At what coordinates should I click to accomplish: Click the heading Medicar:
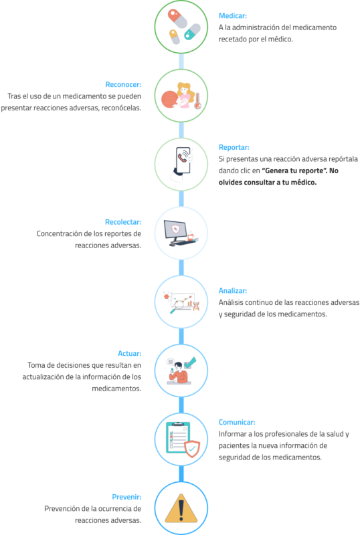(233, 15)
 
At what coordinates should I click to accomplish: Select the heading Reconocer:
(123, 85)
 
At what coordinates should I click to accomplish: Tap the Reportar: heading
(234, 147)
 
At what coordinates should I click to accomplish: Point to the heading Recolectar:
(123, 222)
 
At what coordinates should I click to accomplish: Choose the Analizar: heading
(233, 291)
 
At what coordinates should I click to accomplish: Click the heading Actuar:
(129, 354)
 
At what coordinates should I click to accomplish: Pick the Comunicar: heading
(237, 422)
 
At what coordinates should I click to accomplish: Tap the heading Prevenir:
(126, 497)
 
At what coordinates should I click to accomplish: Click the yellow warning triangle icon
(181, 508)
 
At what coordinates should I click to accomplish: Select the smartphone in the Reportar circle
(183, 160)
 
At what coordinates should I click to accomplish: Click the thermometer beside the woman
(197, 101)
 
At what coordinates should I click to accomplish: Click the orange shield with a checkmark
(192, 448)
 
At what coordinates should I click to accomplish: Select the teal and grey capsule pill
(192, 31)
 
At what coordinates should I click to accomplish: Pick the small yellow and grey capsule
(174, 37)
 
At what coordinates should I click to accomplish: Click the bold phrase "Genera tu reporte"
(294, 171)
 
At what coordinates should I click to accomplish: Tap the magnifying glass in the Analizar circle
(177, 306)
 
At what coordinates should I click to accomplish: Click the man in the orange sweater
(178, 373)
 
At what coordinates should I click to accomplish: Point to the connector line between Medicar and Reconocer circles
(181, 62)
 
